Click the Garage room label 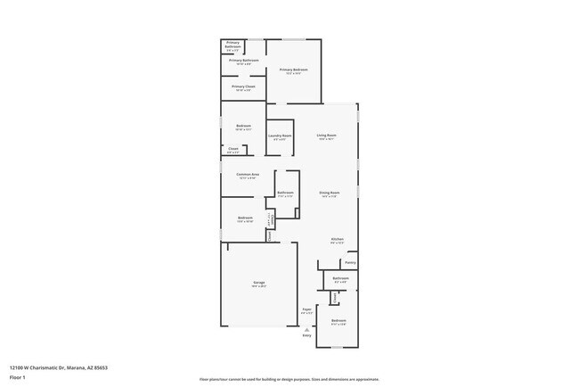click(258, 283)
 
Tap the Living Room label click(326, 136)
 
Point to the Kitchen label click(338, 239)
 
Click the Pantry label click(350, 262)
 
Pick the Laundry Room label click(281, 136)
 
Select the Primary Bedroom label click(293, 70)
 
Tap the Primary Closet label click(243, 86)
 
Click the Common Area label click(248, 174)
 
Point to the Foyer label click(306, 309)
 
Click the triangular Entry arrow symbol click(307, 328)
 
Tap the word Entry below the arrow click(307, 335)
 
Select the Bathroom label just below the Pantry click(340, 278)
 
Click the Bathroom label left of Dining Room click(285, 193)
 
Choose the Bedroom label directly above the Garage click(245, 218)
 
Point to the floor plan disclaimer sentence click(289, 378)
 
